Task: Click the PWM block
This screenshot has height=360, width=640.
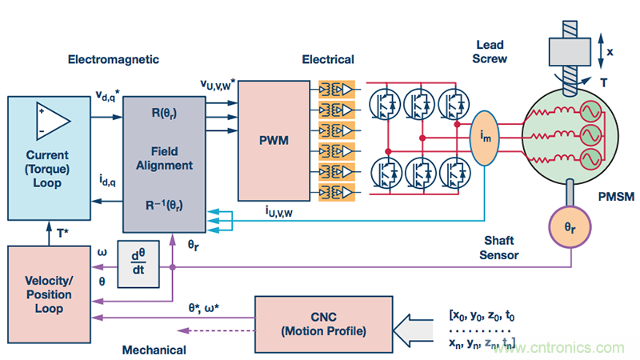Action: point(274,140)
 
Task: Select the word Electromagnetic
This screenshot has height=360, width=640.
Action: point(114,59)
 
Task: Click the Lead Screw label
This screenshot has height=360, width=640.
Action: point(490,52)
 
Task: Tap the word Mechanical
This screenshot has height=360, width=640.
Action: point(154,350)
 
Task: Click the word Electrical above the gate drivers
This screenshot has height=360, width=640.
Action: point(328,59)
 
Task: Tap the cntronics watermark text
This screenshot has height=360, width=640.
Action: point(561,347)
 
